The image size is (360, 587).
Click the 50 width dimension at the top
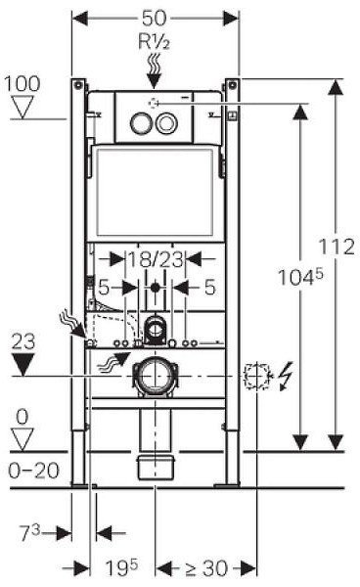click(x=154, y=18)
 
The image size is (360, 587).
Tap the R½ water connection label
click(x=154, y=41)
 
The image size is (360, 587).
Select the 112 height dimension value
click(x=337, y=247)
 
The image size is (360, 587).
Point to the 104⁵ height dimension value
click(x=300, y=278)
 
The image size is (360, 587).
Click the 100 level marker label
click(x=22, y=83)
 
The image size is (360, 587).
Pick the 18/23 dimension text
click(x=157, y=259)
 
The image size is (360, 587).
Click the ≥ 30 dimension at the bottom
click(x=206, y=568)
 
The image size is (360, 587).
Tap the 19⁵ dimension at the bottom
click(x=122, y=567)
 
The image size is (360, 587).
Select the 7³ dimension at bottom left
click(x=30, y=533)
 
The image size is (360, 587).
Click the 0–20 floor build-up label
click(x=34, y=471)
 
